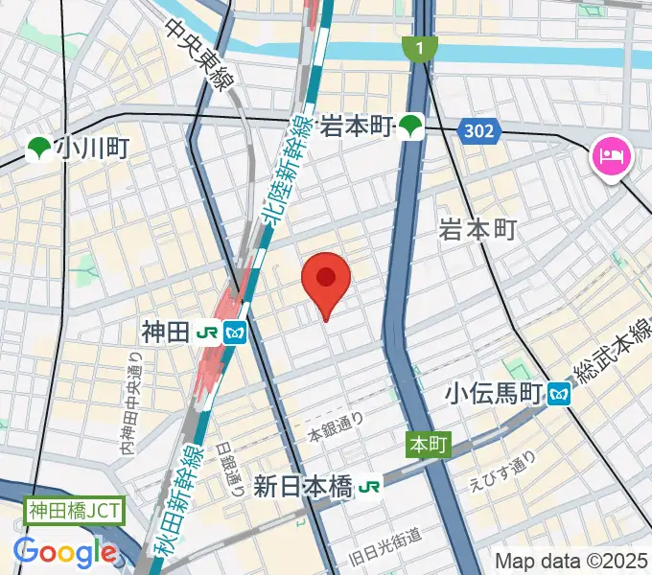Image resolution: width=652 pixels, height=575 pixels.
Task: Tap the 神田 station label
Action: (166, 333)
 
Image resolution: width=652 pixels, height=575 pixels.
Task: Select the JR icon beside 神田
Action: (206, 333)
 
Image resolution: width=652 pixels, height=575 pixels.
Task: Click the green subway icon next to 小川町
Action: (39, 148)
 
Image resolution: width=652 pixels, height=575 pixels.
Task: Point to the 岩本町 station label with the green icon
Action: (359, 125)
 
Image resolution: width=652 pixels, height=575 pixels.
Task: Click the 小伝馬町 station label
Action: (494, 392)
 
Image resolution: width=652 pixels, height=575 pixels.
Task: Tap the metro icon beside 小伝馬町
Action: (560, 392)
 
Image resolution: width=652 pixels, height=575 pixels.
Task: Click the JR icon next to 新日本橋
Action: (369, 488)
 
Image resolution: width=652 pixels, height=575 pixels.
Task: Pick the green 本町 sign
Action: (428, 445)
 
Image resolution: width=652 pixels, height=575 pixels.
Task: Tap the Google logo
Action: (65, 552)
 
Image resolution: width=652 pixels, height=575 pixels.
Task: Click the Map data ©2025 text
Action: (571, 561)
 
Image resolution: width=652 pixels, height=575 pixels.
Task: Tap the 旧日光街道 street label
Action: (386, 536)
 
